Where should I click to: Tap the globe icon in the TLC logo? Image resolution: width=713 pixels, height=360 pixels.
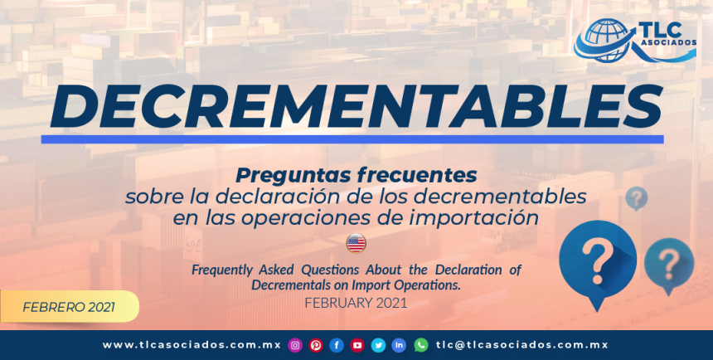point(605,40)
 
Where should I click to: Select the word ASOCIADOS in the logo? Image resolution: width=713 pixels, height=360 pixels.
point(668,42)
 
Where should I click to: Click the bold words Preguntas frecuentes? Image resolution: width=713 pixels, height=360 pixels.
point(356,175)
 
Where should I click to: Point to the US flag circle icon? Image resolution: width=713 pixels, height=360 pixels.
point(356,244)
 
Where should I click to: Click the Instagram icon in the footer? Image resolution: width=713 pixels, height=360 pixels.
point(295,345)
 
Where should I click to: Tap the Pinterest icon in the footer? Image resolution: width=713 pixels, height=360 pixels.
point(316,345)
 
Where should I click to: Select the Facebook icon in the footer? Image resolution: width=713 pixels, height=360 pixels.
point(337,345)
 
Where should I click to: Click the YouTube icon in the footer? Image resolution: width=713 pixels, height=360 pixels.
point(357,345)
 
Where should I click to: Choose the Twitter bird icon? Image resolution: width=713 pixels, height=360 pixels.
point(378,345)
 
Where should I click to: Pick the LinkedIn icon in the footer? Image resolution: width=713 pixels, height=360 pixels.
point(400,345)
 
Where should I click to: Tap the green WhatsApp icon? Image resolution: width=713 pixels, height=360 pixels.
point(421,345)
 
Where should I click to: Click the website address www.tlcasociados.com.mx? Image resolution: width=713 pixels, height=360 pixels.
point(192,345)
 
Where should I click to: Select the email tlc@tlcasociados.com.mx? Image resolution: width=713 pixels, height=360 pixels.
point(522,345)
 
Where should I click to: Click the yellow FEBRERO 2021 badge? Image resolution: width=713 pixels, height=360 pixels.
point(69,306)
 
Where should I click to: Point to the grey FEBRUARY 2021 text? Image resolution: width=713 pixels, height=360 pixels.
point(356,303)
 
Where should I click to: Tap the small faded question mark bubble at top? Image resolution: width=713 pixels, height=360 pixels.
point(636,198)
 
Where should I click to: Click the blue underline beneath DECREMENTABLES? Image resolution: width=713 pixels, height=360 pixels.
point(352,139)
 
